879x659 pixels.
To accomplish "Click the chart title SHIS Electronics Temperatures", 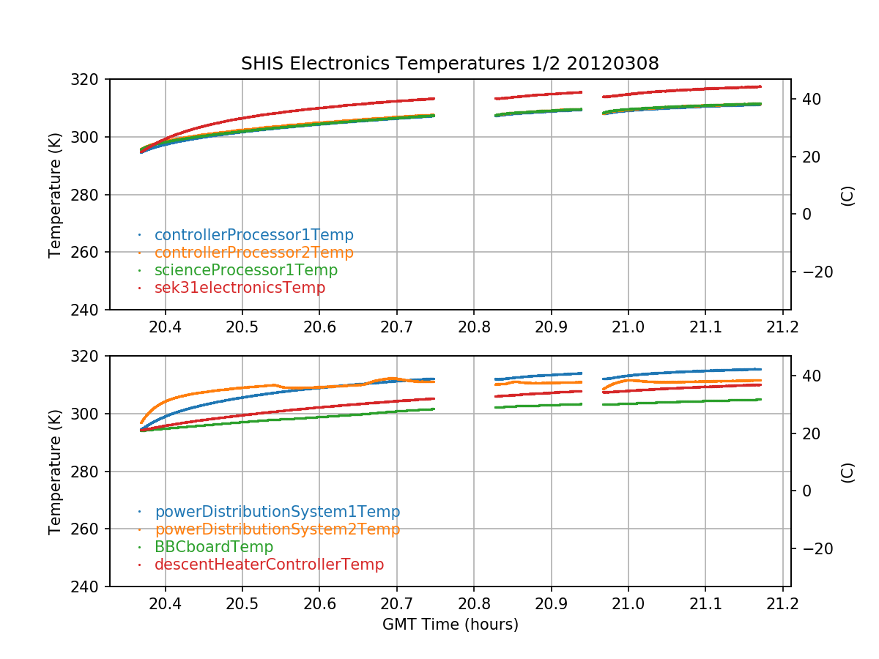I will (x=450, y=64).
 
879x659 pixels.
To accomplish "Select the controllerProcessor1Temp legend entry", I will (x=253, y=235).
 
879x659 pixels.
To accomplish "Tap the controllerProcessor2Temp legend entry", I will (x=253, y=253).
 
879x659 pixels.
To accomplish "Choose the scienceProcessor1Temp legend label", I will (x=245, y=270).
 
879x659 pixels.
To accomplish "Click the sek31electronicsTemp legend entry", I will (x=240, y=288).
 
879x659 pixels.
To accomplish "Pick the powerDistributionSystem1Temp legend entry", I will (x=277, y=512).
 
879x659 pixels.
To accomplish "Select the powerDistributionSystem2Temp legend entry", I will (x=277, y=529).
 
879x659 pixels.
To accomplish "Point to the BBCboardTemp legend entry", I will (x=213, y=547).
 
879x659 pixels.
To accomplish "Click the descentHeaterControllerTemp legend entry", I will (x=269, y=565).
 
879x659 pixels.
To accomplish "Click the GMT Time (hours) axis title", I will (x=450, y=625).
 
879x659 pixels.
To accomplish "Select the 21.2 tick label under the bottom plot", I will (x=782, y=603).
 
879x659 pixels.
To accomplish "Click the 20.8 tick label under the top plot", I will (x=473, y=326).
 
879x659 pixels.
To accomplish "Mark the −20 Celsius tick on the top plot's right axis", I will (x=812, y=272).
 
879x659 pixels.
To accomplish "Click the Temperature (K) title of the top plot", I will (x=56, y=195).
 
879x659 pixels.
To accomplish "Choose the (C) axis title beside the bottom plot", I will (x=848, y=472).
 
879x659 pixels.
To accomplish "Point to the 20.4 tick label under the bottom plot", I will (x=165, y=603).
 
